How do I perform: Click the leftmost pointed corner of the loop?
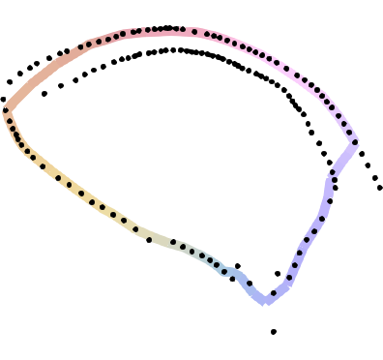point(5,107)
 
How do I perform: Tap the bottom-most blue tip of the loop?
point(265,302)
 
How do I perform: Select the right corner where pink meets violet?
point(356,142)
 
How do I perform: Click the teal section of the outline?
point(205,258)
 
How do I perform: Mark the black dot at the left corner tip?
point(9,109)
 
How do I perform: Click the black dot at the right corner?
point(355,142)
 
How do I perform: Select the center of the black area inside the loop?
point(193,145)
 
